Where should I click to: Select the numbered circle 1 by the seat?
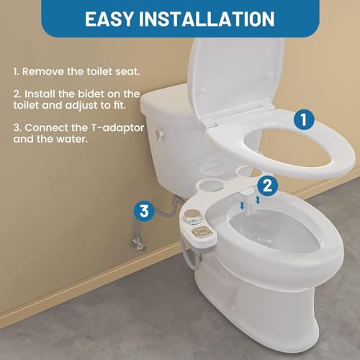(305, 120)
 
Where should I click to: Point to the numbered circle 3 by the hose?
(144, 212)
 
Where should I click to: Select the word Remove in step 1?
(42, 72)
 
